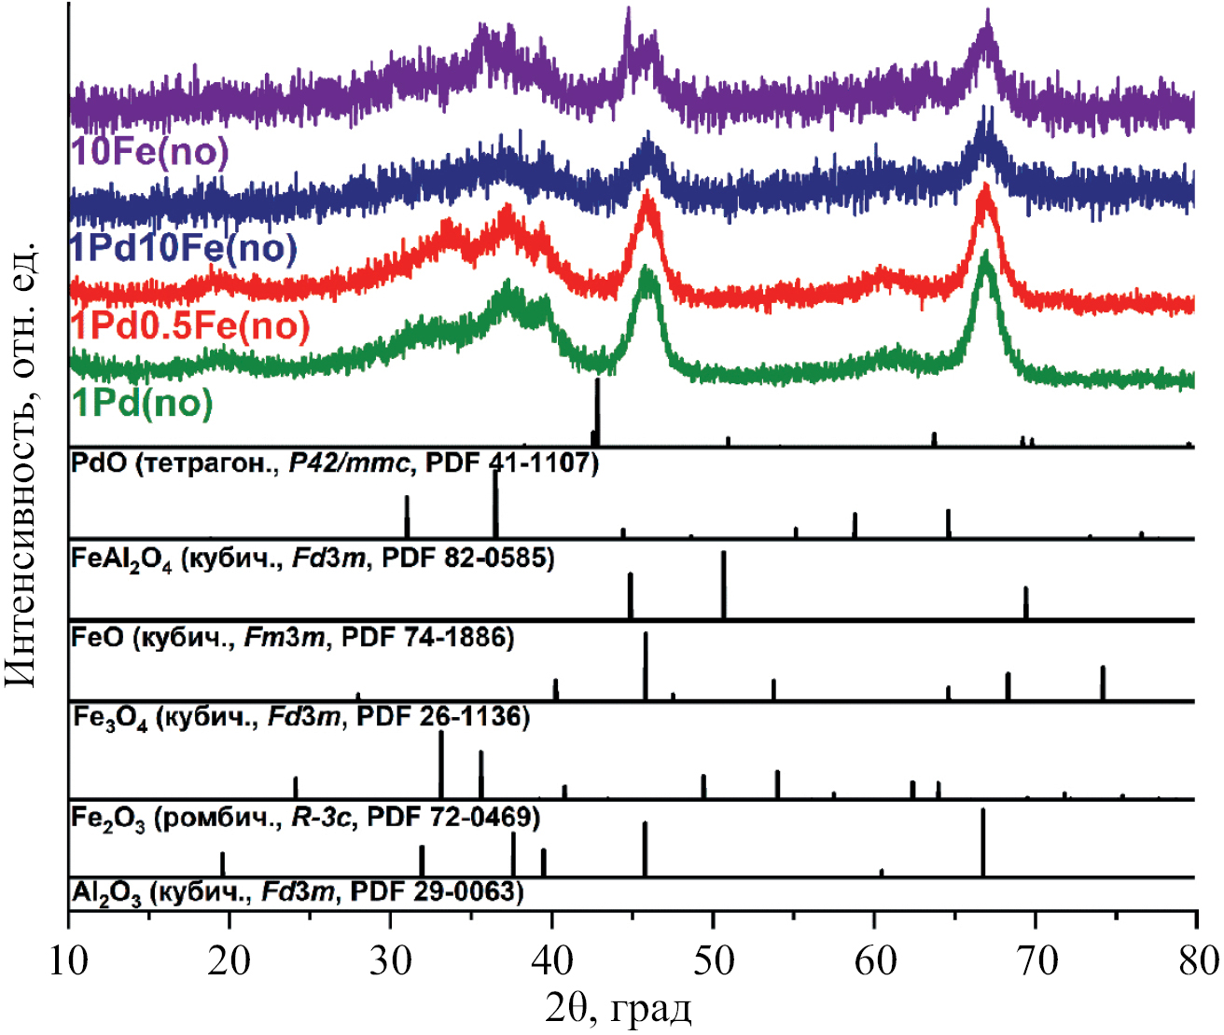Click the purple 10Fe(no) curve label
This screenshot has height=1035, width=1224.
click(149, 152)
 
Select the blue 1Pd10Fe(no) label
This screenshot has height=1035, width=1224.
click(183, 248)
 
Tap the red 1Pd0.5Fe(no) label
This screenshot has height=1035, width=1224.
click(190, 326)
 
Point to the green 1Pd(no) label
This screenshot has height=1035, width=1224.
click(143, 403)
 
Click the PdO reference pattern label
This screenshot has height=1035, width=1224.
click(334, 462)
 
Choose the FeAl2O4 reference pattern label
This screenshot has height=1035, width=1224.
click(313, 559)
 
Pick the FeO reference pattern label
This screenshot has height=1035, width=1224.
click(292, 639)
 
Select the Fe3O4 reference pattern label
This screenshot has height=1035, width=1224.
click(300, 718)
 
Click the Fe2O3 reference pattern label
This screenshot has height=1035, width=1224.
click(305, 819)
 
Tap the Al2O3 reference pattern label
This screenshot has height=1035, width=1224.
click(297, 893)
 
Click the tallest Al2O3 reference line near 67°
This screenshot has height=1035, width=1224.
click(983, 842)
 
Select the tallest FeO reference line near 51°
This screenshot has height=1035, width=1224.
click(723, 585)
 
